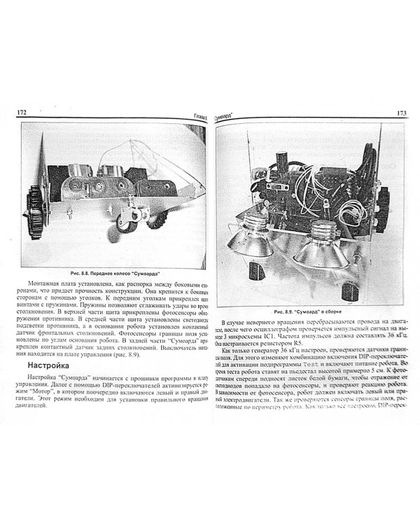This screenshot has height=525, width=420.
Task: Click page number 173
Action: pyautogui.click(x=402, y=113)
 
